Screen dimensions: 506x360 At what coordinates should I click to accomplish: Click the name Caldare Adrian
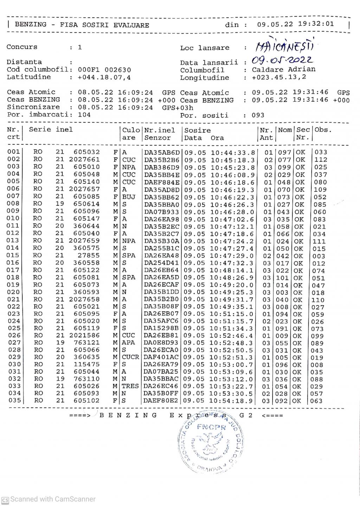click(x=283, y=69)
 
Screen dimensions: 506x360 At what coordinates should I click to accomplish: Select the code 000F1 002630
click(x=104, y=70)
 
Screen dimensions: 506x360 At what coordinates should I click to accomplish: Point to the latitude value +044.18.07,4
click(x=104, y=77)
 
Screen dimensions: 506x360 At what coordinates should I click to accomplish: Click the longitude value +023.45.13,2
click(x=279, y=77)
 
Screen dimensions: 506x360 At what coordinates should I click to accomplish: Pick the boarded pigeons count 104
click(x=84, y=115)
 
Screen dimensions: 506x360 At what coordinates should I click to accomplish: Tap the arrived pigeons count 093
click(x=258, y=115)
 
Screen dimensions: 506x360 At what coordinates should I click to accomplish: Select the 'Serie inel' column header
click(x=51, y=130)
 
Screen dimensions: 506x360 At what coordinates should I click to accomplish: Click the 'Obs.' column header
click(x=323, y=130)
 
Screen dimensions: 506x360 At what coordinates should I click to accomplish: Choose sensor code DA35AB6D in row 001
click(x=162, y=153)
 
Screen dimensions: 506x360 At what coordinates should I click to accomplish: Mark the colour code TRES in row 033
click(x=130, y=386)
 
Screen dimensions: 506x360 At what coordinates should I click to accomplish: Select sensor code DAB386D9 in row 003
click(x=162, y=167)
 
